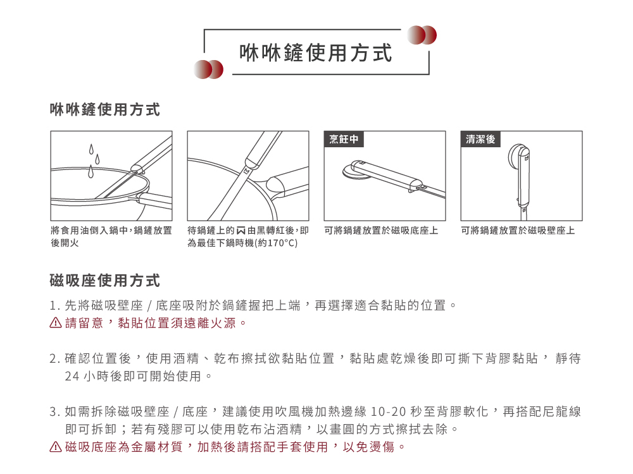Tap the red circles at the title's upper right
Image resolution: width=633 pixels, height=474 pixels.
(x=422, y=35)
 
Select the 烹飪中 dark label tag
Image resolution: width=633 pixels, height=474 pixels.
(x=344, y=139)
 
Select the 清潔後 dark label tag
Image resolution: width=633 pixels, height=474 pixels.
(x=480, y=139)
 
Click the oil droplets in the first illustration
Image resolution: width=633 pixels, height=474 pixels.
(x=94, y=161)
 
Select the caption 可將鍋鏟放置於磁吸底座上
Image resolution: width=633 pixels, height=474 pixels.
(x=381, y=231)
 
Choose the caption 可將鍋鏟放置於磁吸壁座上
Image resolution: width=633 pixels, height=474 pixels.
(x=518, y=231)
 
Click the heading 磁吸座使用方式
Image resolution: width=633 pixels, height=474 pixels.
(x=104, y=281)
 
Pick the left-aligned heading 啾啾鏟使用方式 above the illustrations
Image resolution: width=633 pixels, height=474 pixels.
(x=104, y=111)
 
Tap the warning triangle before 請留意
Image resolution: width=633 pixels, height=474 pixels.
(x=56, y=324)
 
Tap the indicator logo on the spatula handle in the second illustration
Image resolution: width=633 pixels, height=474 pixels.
(x=246, y=170)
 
